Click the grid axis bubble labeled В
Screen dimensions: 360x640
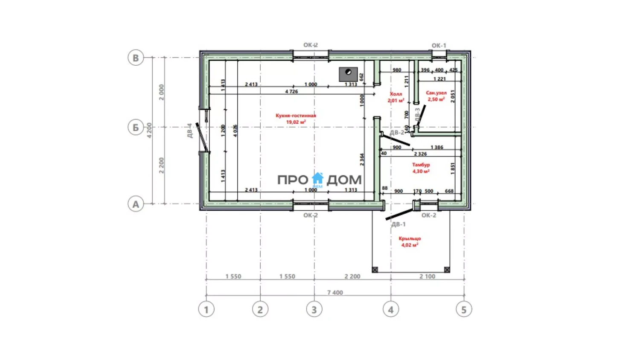pos(136,58)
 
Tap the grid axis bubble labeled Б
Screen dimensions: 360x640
pos(136,127)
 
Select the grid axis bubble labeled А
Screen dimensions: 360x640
pos(136,204)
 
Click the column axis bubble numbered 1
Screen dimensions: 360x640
pos(207,309)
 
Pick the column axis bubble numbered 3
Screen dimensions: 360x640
pos(314,309)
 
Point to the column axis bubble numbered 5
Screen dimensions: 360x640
pos(464,309)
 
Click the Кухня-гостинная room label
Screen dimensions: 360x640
pos(296,116)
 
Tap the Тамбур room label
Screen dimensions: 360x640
pos(421,165)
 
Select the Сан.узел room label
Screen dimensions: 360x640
pos(436,93)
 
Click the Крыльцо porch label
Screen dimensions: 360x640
pos(410,238)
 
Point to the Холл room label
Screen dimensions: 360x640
pos(396,94)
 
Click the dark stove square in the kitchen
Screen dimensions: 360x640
pos(348,74)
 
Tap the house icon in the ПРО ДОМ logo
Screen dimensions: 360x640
pos(318,178)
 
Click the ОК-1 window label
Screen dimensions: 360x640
pos(439,45)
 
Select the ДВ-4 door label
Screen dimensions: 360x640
pos(190,131)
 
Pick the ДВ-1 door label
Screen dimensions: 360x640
pos(399,224)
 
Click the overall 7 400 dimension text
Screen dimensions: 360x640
pos(335,293)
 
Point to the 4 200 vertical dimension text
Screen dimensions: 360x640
pos(149,130)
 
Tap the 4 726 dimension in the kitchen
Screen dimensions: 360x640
pos(291,91)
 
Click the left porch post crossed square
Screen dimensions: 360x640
pos(375,270)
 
